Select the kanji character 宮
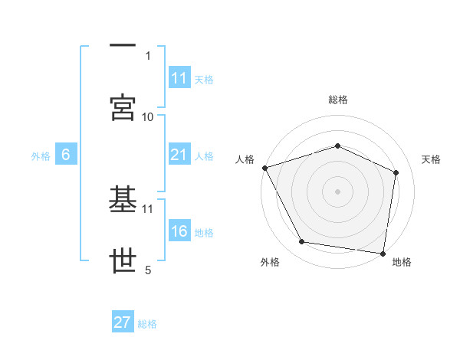(x=123, y=107)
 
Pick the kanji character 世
(x=123, y=261)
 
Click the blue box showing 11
(x=179, y=78)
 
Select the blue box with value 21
(x=179, y=155)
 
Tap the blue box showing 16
(x=179, y=232)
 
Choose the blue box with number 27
(x=123, y=322)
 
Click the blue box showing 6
(x=66, y=155)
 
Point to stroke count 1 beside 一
(x=148, y=55)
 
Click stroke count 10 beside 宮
(x=148, y=116)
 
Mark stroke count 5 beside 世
(x=148, y=270)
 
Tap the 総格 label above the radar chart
(x=337, y=100)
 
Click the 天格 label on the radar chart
(x=431, y=159)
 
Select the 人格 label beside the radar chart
(x=245, y=159)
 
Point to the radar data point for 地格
(x=383, y=252)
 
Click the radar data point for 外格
(x=302, y=242)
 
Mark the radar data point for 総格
(x=337, y=146)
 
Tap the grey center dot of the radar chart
(x=337, y=191)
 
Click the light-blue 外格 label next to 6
(x=41, y=156)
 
